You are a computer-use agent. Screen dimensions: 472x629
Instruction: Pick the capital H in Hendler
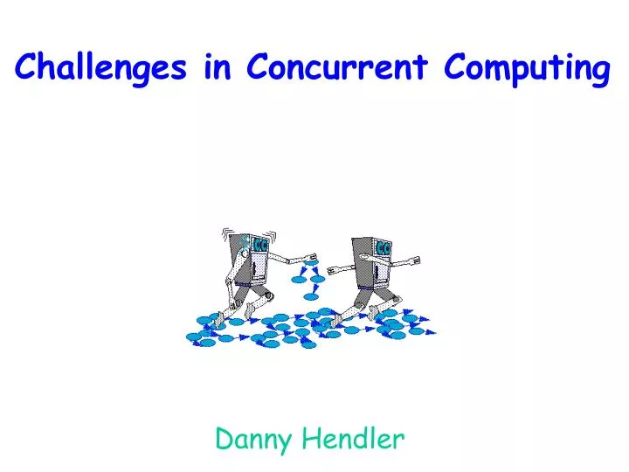click(x=312, y=439)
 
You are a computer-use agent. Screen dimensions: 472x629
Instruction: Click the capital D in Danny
click(x=225, y=439)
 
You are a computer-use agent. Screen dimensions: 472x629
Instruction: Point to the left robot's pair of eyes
click(x=259, y=245)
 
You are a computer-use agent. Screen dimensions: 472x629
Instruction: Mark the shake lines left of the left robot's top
click(x=226, y=233)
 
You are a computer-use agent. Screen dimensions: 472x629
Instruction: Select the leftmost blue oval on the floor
click(x=193, y=337)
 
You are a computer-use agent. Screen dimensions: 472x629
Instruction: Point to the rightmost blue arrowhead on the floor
click(x=431, y=331)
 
